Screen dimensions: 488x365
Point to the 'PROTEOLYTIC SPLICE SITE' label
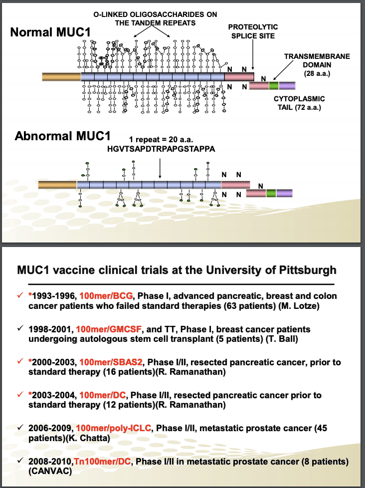pyautogui.click(x=253, y=31)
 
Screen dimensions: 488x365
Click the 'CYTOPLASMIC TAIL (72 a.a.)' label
pyautogui.click(x=299, y=103)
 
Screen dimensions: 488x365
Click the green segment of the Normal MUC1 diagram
pyautogui.click(x=274, y=86)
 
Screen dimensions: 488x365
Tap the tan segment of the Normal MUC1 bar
pyautogui.click(x=61, y=76)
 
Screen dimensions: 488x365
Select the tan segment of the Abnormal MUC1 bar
pyautogui.click(x=57, y=185)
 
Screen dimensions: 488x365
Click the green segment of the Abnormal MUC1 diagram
pyautogui.click(x=271, y=193)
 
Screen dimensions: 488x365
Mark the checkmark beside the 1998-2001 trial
pyautogui.click(x=20, y=329)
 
